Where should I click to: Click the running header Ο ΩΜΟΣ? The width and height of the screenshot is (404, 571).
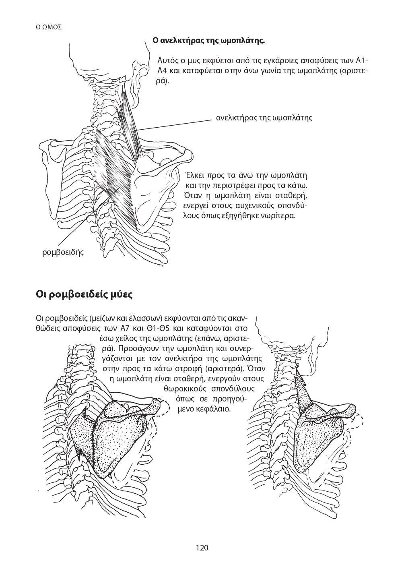49,27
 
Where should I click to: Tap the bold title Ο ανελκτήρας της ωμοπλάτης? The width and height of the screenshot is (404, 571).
208,41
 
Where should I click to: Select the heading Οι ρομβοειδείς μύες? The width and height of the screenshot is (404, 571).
84,294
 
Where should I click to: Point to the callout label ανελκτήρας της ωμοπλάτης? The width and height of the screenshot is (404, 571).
264,118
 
